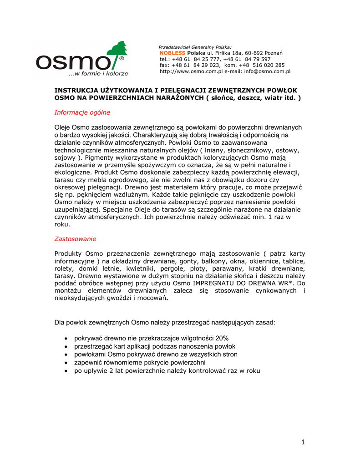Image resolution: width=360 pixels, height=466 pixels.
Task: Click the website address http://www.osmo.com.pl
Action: point(191,71)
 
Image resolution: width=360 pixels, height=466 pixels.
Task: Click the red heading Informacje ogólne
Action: point(82,112)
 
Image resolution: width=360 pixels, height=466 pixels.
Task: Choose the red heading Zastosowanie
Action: point(76,238)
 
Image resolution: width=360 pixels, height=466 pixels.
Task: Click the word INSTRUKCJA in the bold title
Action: point(77,91)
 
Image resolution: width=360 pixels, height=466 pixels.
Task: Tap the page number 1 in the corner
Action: point(303,442)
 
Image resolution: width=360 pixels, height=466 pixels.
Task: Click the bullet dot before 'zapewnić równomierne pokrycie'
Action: point(67,363)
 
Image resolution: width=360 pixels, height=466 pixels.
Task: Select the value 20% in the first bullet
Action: point(222,338)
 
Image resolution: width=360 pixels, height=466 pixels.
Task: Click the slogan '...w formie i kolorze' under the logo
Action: point(98,73)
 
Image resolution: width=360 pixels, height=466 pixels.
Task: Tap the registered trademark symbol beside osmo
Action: point(121,59)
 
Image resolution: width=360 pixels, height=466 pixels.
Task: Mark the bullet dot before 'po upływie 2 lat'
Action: point(67,371)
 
